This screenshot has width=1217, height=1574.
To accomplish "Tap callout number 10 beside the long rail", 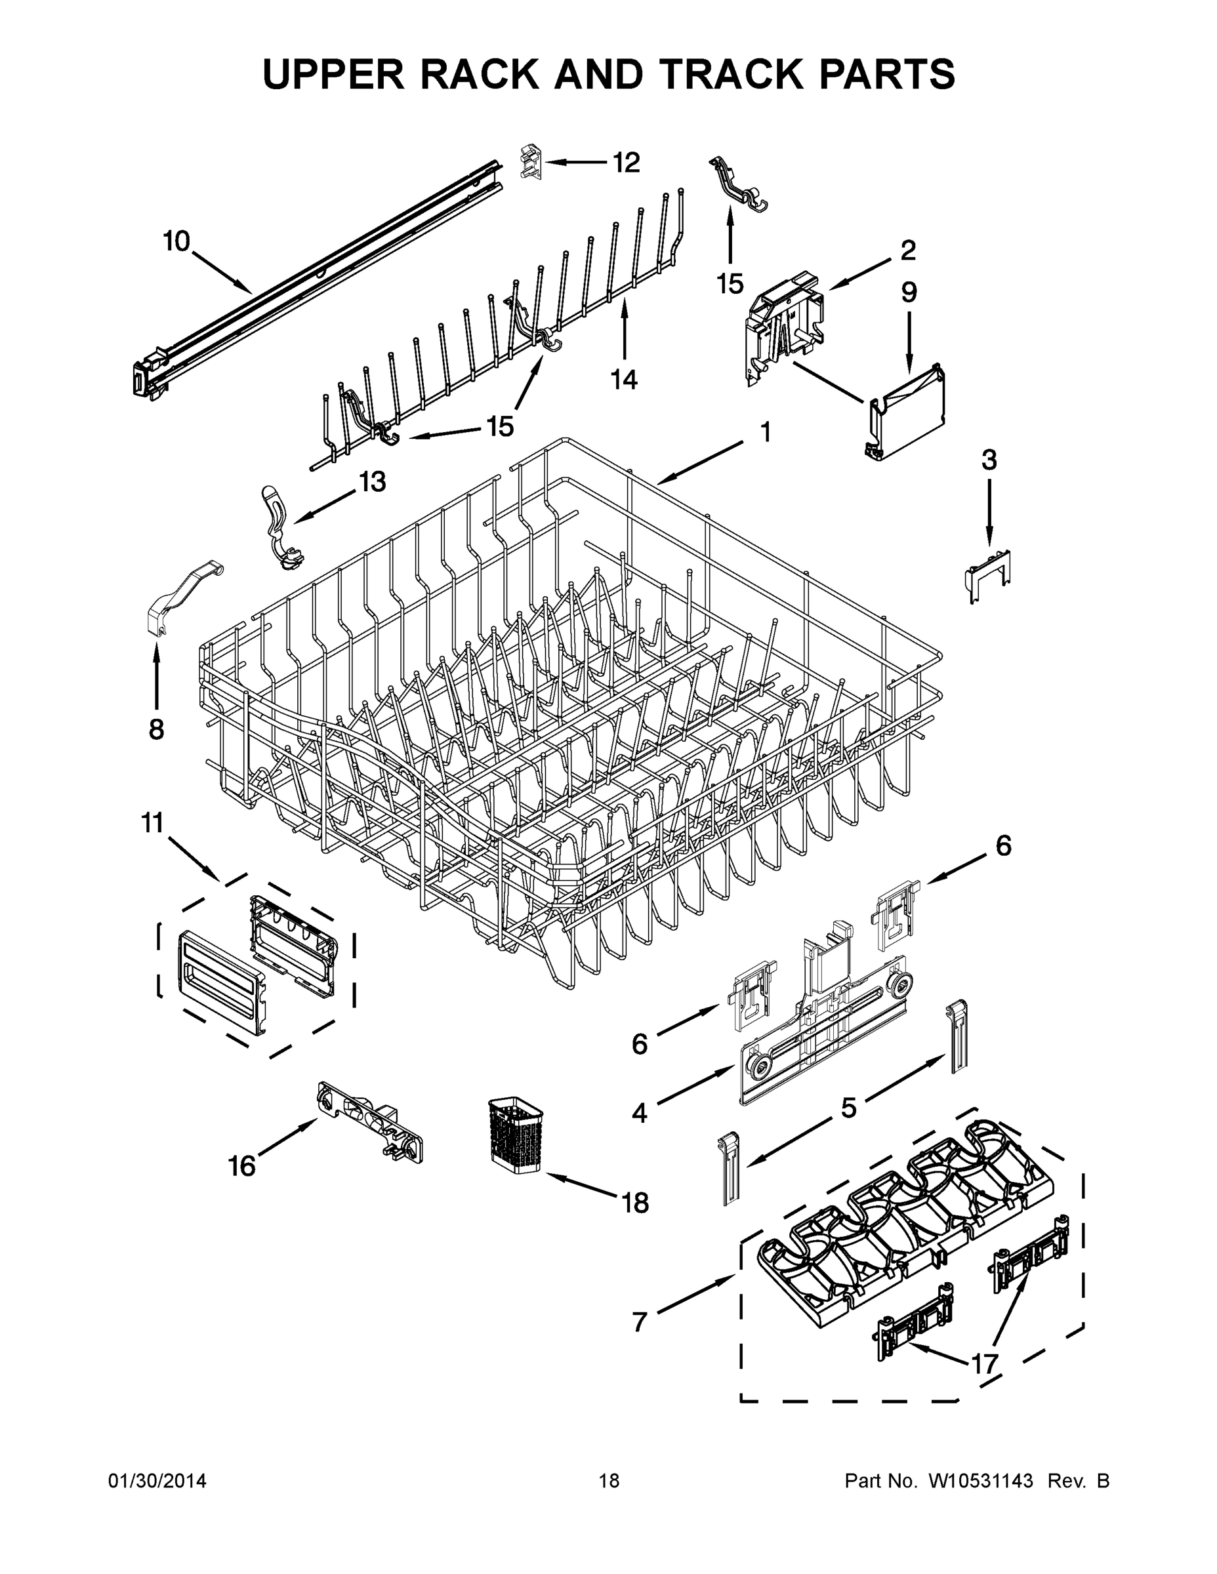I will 176,241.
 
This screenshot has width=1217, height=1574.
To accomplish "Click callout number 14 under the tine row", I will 625,378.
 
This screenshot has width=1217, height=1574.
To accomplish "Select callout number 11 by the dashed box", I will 152,822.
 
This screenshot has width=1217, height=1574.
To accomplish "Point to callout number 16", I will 242,1165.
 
